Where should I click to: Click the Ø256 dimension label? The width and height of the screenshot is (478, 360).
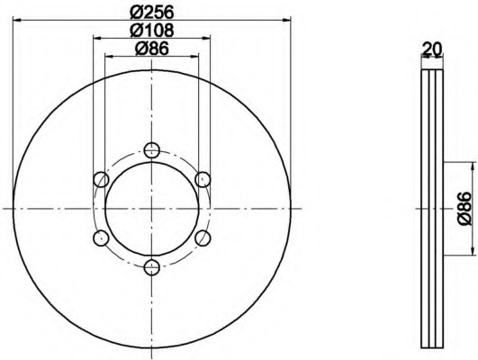[151, 12]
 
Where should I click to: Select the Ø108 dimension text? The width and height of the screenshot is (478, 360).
[151, 31]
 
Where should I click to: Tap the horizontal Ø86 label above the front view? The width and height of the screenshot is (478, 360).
[151, 50]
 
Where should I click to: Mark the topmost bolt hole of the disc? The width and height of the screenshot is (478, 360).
[152, 149]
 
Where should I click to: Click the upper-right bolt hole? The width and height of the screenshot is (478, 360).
[203, 179]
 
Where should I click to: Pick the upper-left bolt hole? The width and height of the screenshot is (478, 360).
[102, 179]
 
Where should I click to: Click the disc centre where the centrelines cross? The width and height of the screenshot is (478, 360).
[152, 208]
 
